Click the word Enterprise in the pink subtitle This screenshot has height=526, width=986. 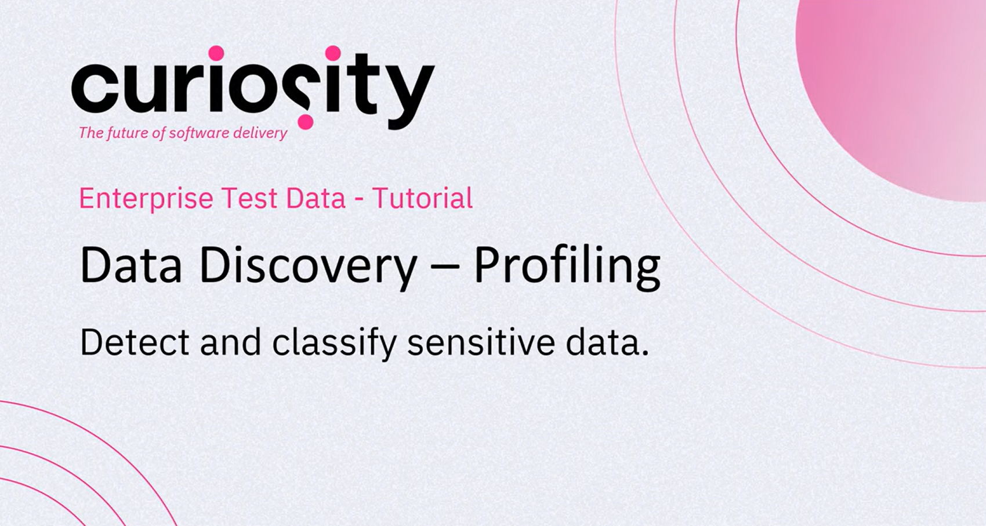pyautogui.click(x=146, y=199)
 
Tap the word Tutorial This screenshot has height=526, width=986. pyautogui.click(x=423, y=198)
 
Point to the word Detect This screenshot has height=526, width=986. pyautogui.click(x=135, y=343)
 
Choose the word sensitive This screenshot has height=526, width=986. pyautogui.click(x=481, y=343)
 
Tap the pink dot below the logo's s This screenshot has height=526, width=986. pyautogui.click(x=306, y=122)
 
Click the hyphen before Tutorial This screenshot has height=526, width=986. pyautogui.click(x=359, y=200)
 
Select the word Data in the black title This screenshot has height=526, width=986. pyautogui.click(x=130, y=265)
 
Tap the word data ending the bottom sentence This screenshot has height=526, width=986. pyautogui.click(x=607, y=343)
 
